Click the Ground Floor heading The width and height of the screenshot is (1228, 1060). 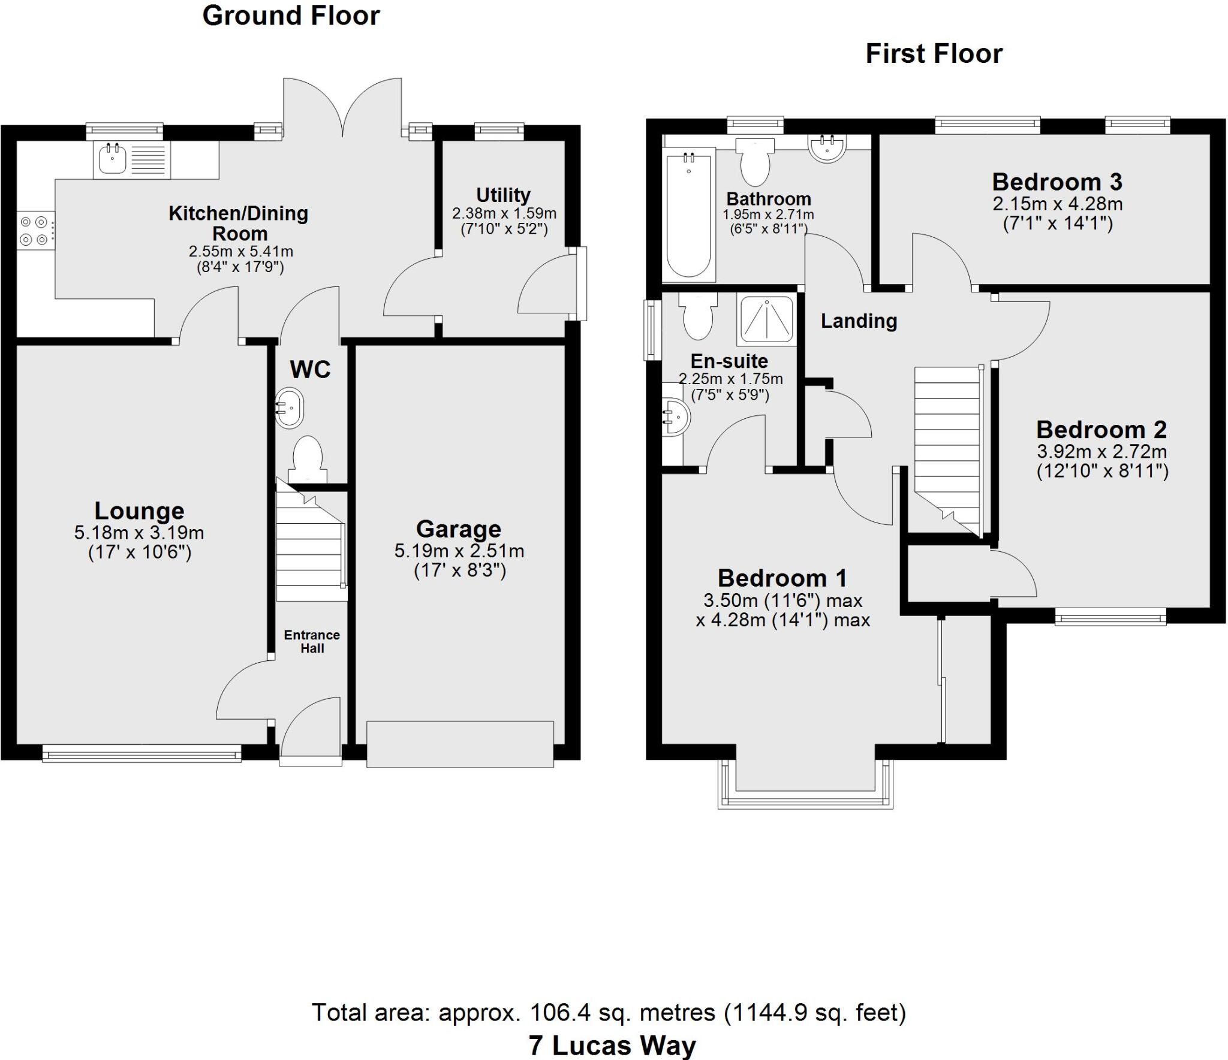[291, 16]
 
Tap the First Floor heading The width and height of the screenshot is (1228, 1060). [934, 54]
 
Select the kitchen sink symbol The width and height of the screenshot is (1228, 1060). [112, 159]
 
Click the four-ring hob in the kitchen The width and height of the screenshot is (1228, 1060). [34, 231]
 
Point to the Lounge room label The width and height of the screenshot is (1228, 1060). [139, 511]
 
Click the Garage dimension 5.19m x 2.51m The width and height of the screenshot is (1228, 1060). [459, 551]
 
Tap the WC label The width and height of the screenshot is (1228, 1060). [310, 370]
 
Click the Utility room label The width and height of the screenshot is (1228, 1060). [503, 195]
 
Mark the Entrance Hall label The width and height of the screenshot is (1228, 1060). [312, 641]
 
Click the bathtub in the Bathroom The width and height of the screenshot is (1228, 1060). [689, 214]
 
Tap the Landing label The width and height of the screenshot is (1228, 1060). [859, 321]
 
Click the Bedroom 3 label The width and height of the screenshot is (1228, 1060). [1057, 182]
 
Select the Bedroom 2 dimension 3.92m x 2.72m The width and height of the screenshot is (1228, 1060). [1102, 451]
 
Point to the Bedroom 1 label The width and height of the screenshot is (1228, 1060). [782, 578]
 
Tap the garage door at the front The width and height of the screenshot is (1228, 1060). [460, 744]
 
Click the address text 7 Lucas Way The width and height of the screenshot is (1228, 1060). [612, 1046]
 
